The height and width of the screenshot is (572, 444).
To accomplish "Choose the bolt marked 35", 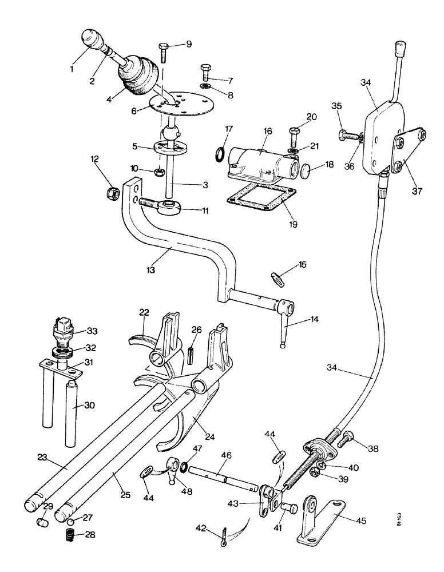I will pyautogui.click(x=346, y=136).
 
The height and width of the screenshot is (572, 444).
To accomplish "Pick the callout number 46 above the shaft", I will pyautogui.click(x=226, y=455).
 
